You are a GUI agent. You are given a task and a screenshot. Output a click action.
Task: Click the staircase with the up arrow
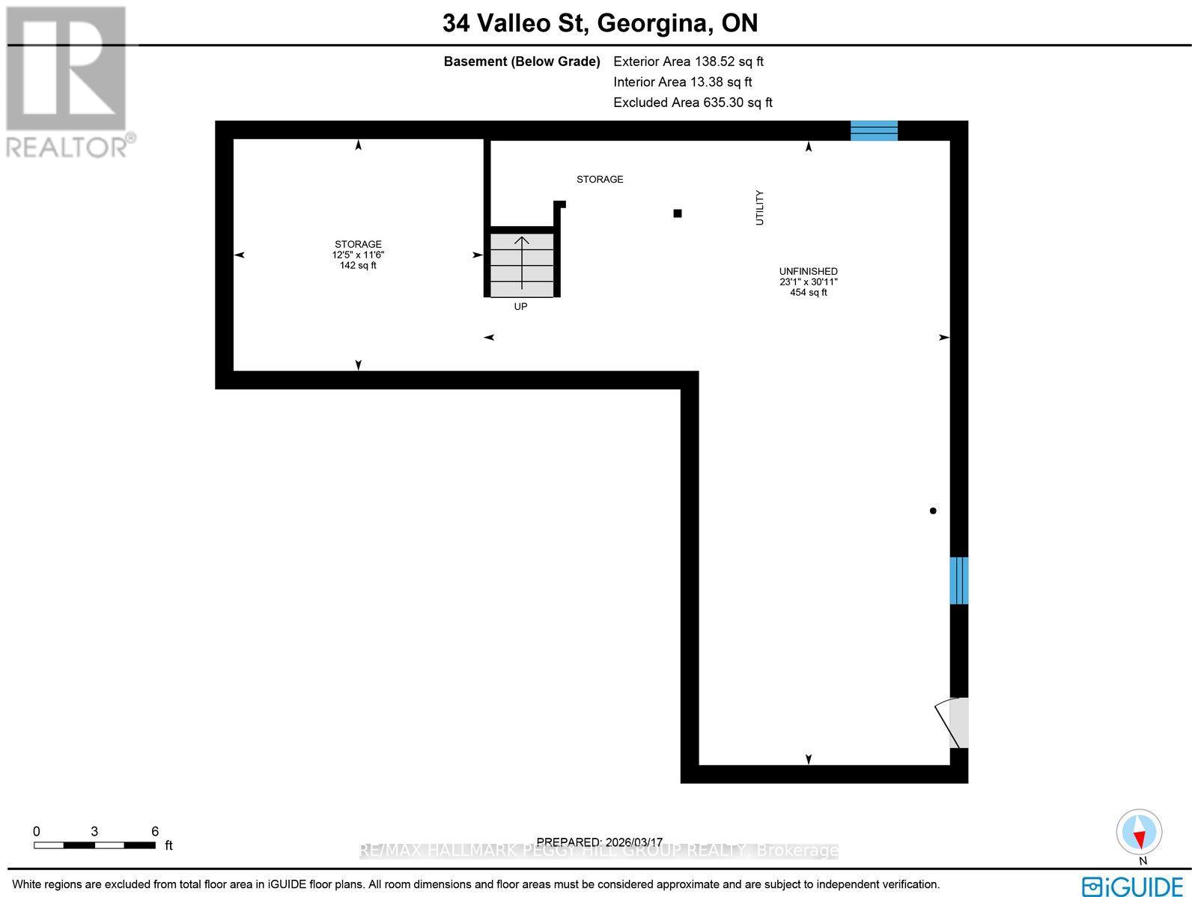pyautogui.click(x=522, y=264)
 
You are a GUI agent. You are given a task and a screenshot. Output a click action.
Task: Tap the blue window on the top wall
pyautogui.click(x=874, y=130)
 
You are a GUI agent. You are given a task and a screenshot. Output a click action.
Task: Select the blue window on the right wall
pyautogui.click(x=958, y=580)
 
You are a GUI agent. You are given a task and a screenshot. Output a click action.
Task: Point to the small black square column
pyautogui.click(x=678, y=213)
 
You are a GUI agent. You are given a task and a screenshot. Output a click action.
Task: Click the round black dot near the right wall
pyautogui.click(x=933, y=511)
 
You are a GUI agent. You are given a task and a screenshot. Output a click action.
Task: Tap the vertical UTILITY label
pyautogui.click(x=760, y=207)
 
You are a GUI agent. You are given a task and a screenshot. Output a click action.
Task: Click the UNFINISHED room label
pyautogui.click(x=808, y=271)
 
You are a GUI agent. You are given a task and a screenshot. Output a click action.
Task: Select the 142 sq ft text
pyautogui.click(x=358, y=265)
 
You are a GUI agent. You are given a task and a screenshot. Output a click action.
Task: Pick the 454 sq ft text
pyautogui.click(x=808, y=293)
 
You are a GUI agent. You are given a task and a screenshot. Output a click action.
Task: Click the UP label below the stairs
pyautogui.click(x=520, y=306)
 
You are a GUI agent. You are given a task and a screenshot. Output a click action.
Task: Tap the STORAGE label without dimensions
pyautogui.click(x=600, y=179)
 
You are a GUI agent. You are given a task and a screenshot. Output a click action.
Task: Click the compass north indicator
pyautogui.click(x=1139, y=833)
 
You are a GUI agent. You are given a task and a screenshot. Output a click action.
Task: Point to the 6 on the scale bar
pyautogui.click(x=155, y=831)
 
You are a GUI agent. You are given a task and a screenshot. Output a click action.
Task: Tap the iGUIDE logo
pyautogui.click(x=1133, y=886)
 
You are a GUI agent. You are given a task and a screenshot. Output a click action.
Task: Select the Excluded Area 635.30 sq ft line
pyautogui.click(x=693, y=103)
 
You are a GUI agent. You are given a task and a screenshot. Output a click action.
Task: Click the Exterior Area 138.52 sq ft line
pyautogui.click(x=688, y=62)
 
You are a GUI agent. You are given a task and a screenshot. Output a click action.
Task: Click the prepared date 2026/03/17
pyautogui.click(x=599, y=842)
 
